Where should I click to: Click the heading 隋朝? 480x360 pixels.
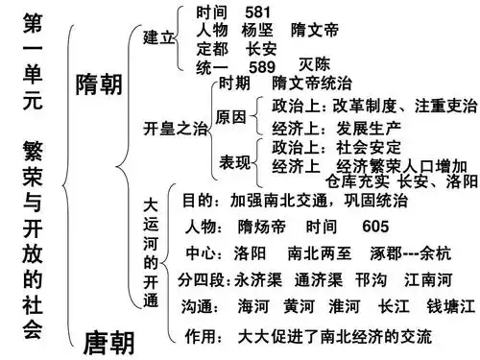(99, 84)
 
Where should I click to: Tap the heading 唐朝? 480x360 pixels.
(108, 341)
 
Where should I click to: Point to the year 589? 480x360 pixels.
(262, 66)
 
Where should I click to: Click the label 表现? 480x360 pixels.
(235, 157)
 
